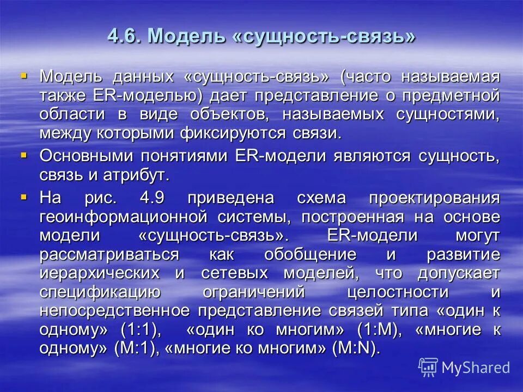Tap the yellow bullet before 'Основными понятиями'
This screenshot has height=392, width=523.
click(x=23, y=155)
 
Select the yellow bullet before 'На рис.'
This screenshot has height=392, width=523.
click(x=23, y=194)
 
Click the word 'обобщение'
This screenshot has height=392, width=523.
click(x=311, y=254)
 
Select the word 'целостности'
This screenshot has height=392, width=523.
click(x=398, y=292)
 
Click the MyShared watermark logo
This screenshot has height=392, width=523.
click(x=464, y=367)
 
